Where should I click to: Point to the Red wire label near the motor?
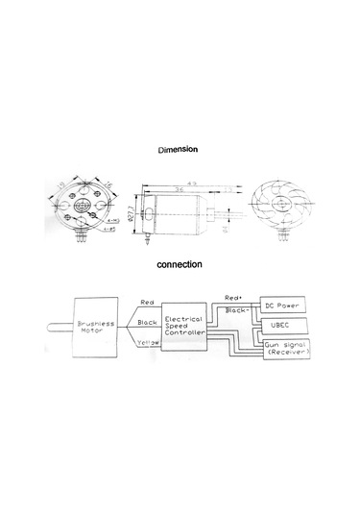147,302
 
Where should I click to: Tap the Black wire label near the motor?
148,323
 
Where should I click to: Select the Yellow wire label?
148,368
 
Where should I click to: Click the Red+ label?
233,297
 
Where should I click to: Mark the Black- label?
235,310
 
